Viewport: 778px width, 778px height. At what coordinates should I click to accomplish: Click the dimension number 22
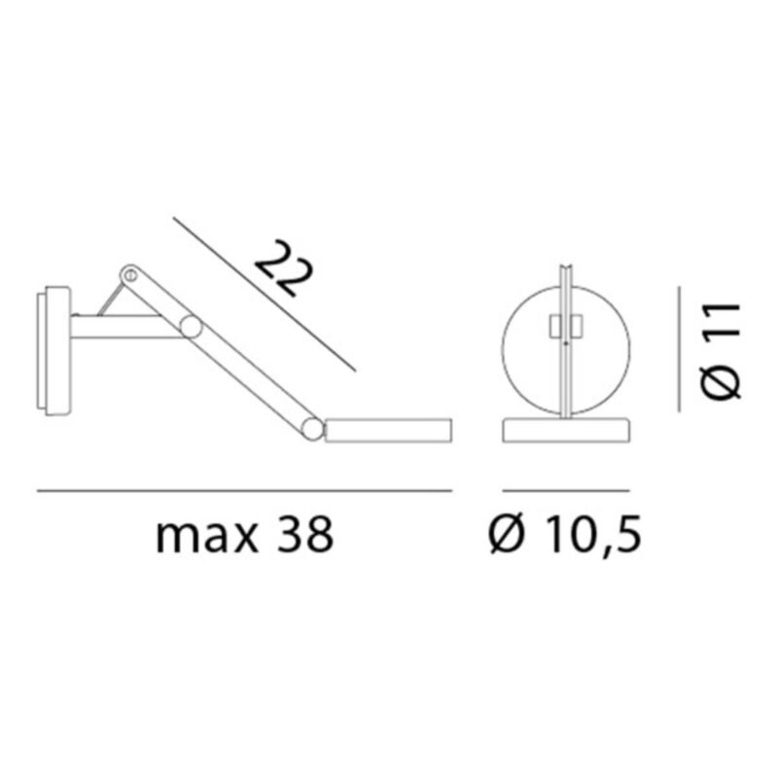click(284, 268)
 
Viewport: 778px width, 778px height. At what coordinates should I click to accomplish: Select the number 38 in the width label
click(304, 534)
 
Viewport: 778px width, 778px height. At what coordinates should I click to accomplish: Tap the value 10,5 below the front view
click(592, 535)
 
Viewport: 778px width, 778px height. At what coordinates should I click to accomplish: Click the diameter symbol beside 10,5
click(506, 534)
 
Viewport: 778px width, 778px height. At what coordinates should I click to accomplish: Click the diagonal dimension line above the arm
click(265, 295)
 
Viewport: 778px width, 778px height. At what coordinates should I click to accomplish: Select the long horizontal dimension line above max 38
click(245, 491)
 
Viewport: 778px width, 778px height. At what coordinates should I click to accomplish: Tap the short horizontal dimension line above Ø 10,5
click(566, 491)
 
